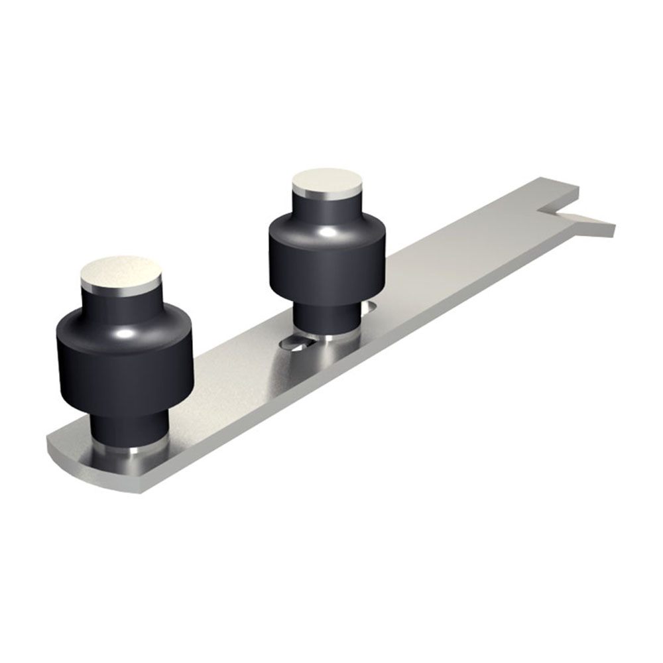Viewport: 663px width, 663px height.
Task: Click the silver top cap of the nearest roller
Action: (121, 272)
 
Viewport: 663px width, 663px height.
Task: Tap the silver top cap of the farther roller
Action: (328, 180)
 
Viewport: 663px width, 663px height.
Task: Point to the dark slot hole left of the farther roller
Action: (294, 343)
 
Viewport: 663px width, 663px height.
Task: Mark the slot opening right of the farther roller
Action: (369, 306)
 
